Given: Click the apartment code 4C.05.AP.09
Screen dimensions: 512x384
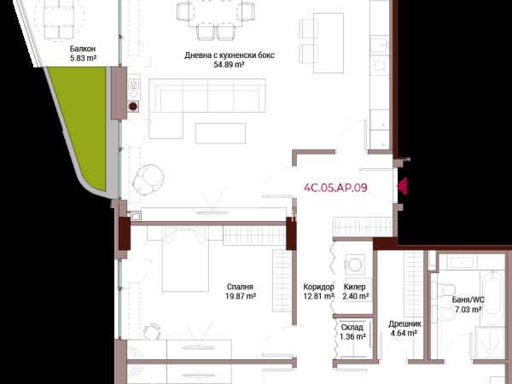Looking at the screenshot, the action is click(x=335, y=188).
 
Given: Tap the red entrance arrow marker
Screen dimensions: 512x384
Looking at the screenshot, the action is click(x=402, y=186).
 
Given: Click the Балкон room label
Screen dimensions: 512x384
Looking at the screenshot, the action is click(x=83, y=49).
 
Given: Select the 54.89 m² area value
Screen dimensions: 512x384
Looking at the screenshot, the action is click(x=229, y=65).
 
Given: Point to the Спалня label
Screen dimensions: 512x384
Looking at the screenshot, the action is click(x=240, y=287).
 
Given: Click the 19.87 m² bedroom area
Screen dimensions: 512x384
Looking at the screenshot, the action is click(x=241, y=296).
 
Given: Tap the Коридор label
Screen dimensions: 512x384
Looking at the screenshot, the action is click(x=318, y=287).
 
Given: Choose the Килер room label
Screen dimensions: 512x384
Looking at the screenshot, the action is click(x=355, y=287).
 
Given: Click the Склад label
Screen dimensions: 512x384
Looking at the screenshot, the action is click(x=352, y=327).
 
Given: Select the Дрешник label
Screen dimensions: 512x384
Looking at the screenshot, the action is click(x=404, y=324).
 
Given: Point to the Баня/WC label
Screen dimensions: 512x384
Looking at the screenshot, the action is click(x=468, y=300).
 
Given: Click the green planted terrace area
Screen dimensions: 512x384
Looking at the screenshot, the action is click(x=81, y=124).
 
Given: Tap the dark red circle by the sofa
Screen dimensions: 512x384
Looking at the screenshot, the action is click(x=133, y=106).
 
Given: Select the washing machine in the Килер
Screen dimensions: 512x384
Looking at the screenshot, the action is click(x=355, y=265).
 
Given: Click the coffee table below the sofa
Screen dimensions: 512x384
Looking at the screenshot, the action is click(x=220, y=133).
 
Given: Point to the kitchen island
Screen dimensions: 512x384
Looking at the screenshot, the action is click(x=329, y=44).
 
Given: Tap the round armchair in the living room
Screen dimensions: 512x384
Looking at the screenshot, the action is click(x=148, y=179).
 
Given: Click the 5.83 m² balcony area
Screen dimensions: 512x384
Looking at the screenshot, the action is click(x=83, y=58).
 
